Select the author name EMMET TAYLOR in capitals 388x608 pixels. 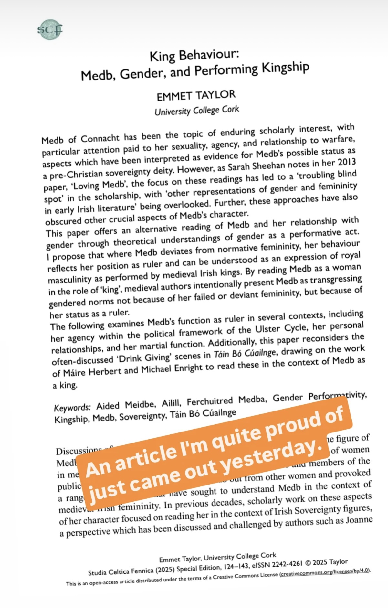pos(196,96)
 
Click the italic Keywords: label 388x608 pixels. pos(72,407)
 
